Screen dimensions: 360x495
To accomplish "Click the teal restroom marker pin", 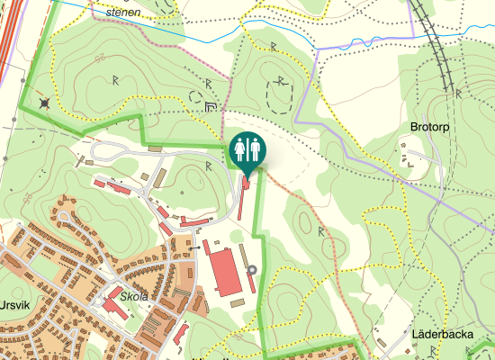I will coord(247,149).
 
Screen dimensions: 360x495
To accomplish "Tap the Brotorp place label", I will coord(428,127).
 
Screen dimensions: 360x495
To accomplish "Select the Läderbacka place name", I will coord(441,334).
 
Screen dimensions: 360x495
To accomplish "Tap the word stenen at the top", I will coord(123,13).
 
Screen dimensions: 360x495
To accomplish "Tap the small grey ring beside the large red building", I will coord(252,269).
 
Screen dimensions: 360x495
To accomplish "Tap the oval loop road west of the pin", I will coord(108,151).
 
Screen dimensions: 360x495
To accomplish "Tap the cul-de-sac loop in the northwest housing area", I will coord(65,217).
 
